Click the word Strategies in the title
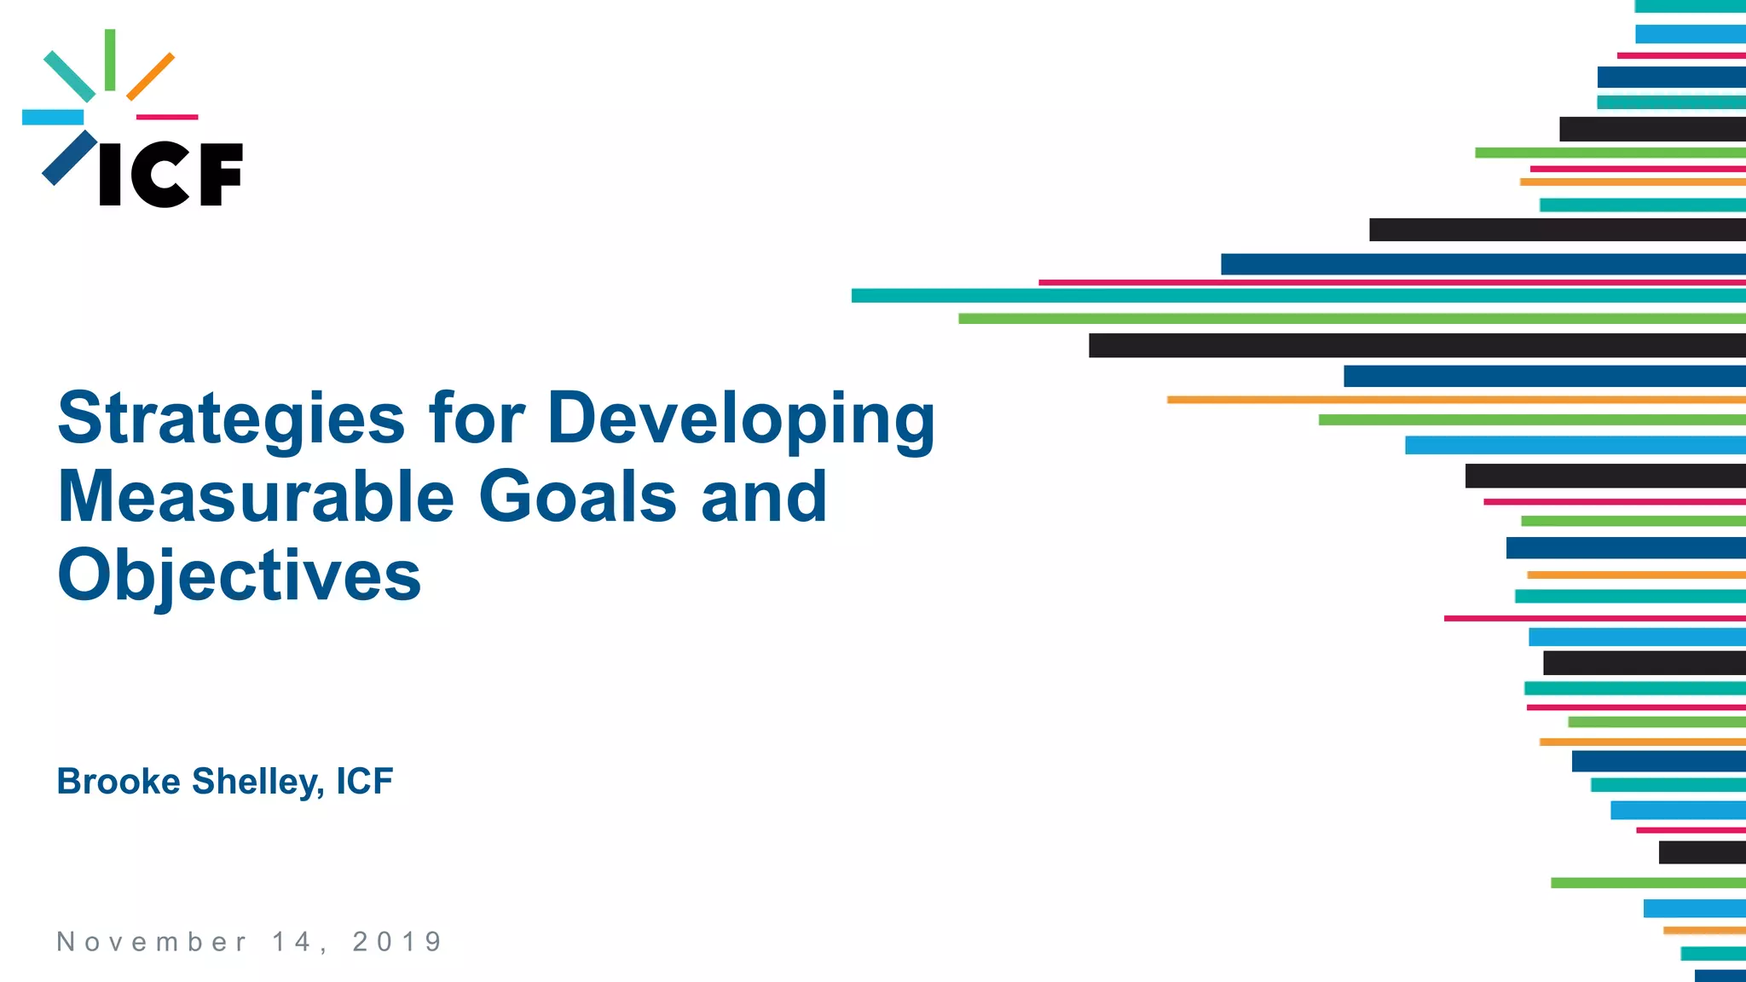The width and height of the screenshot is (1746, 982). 230,419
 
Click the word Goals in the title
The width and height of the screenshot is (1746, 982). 578,497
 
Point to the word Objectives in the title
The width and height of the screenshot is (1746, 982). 239,575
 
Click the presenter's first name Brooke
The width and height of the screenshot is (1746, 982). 119,782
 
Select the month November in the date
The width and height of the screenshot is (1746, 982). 152,942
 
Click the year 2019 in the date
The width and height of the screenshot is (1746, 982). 397,942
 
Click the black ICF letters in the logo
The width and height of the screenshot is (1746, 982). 171,175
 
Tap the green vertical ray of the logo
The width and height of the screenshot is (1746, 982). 110,60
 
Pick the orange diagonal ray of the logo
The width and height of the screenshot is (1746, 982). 151,77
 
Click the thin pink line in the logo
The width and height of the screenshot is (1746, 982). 167,117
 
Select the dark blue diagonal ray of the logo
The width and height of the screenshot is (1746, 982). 69,158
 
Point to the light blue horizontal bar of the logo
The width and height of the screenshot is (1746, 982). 53,118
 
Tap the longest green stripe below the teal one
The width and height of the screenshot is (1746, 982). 1351,319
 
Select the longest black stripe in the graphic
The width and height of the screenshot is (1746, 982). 1415,345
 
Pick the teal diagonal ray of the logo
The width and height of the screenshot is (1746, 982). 69,77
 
